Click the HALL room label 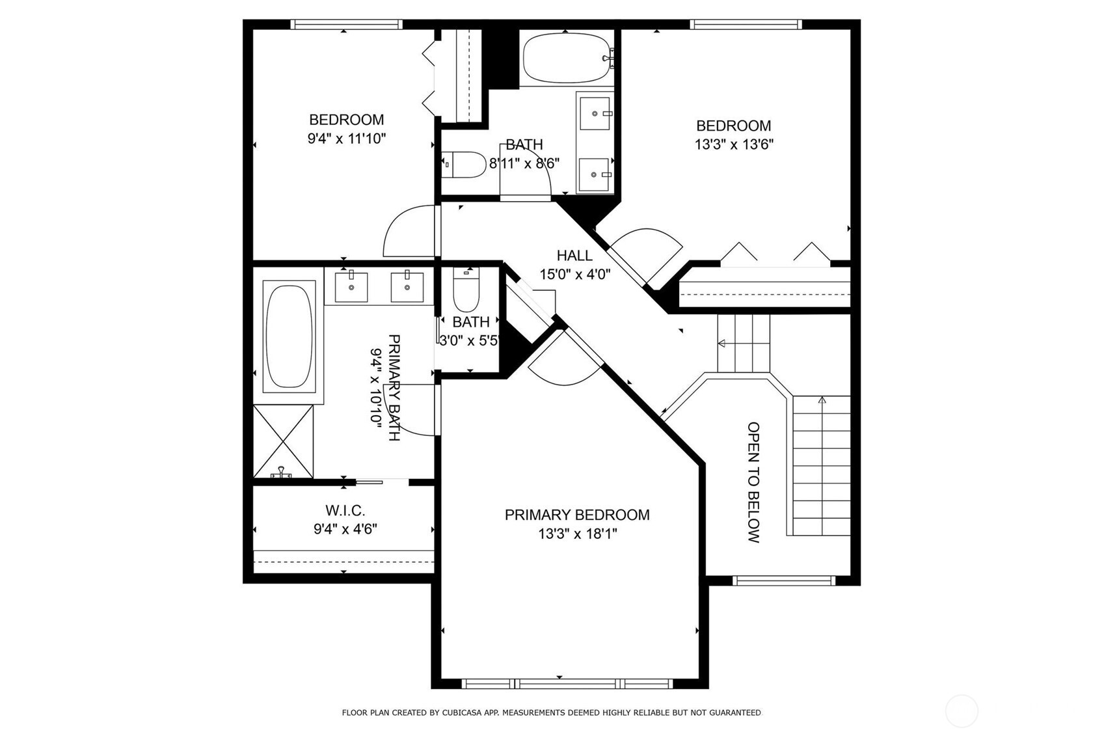(574, 255)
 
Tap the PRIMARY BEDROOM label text (577, 515)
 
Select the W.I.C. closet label (345, 510)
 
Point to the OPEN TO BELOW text (753, 482)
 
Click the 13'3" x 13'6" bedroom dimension (734, 144)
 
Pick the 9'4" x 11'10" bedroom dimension (347, 139)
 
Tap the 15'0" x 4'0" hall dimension (574, 274)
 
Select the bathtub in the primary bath (289, 336)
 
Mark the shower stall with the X (283, 441)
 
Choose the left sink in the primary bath (351, 287)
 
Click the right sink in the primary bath (407, 287)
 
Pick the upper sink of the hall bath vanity (595, 113)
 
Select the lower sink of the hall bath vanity (594, 174)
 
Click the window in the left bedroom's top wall (347, 24)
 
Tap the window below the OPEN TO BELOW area (784, 580)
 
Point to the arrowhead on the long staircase (822, 400)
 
